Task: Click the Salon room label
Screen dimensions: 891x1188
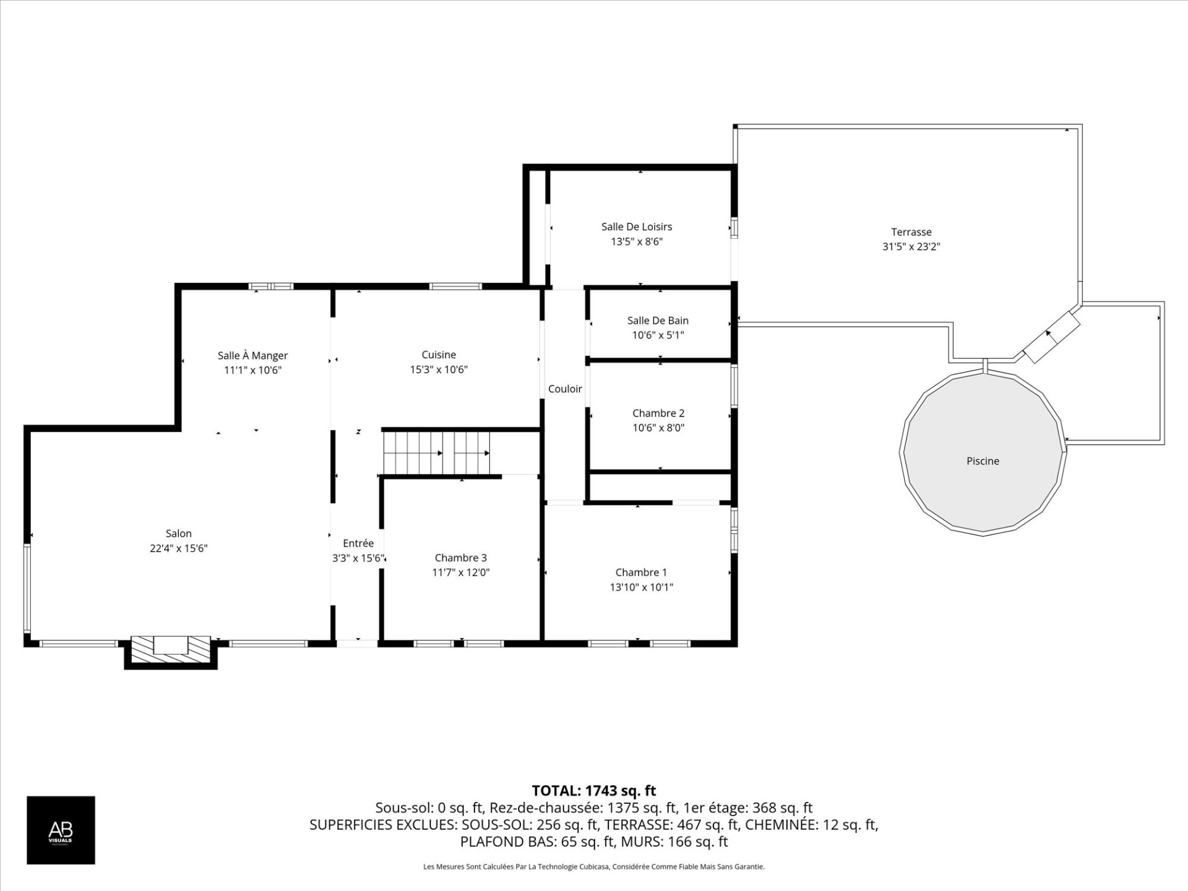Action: coord(178,533)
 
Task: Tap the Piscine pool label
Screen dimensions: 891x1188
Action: coord(983,461)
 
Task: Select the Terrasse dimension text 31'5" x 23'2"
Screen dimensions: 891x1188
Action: coord(911,247)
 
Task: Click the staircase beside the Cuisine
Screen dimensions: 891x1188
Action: coord(436,453)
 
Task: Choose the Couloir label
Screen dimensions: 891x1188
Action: coord(565,389)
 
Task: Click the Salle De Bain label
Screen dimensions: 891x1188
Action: coord(658,321)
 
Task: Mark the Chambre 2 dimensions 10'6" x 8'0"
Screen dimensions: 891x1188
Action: coord(658,428)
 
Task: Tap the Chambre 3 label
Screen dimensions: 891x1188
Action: coord(460,558)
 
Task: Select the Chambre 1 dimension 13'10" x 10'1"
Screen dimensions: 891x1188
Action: coord(641,588)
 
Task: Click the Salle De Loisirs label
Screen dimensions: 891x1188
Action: coord(637,227)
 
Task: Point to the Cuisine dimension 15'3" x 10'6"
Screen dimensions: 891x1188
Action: coord(439,370)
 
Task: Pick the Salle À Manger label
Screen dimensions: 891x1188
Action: coord(252,356)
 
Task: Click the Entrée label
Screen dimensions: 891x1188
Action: coord(358,543)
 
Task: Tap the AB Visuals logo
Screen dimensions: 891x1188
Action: coord(61,830)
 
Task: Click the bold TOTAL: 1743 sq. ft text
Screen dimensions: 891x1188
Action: coord(593,791)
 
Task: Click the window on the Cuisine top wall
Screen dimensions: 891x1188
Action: coord(455,286)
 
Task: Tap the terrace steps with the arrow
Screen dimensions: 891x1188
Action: coord(1051,337)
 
